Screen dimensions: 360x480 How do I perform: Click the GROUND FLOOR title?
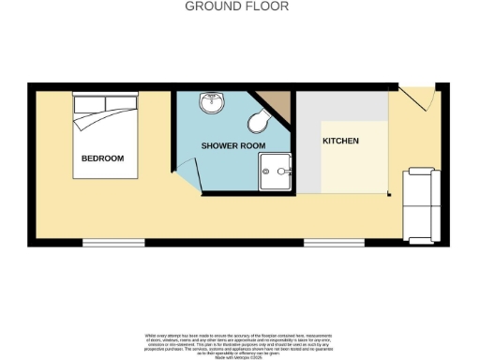[236, 7]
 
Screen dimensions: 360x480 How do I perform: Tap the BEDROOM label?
[102, 158]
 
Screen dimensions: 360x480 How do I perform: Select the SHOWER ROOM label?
[232, 146]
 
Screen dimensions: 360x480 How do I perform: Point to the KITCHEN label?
[340, 141]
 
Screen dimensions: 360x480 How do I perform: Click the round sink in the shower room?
[212, 101]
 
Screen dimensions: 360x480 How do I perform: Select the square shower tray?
[276, 172]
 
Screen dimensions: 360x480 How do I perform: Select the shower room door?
[191, 174]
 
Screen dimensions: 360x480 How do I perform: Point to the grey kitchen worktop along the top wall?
[343, 106]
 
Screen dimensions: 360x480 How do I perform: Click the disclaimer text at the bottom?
[239, 340]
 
